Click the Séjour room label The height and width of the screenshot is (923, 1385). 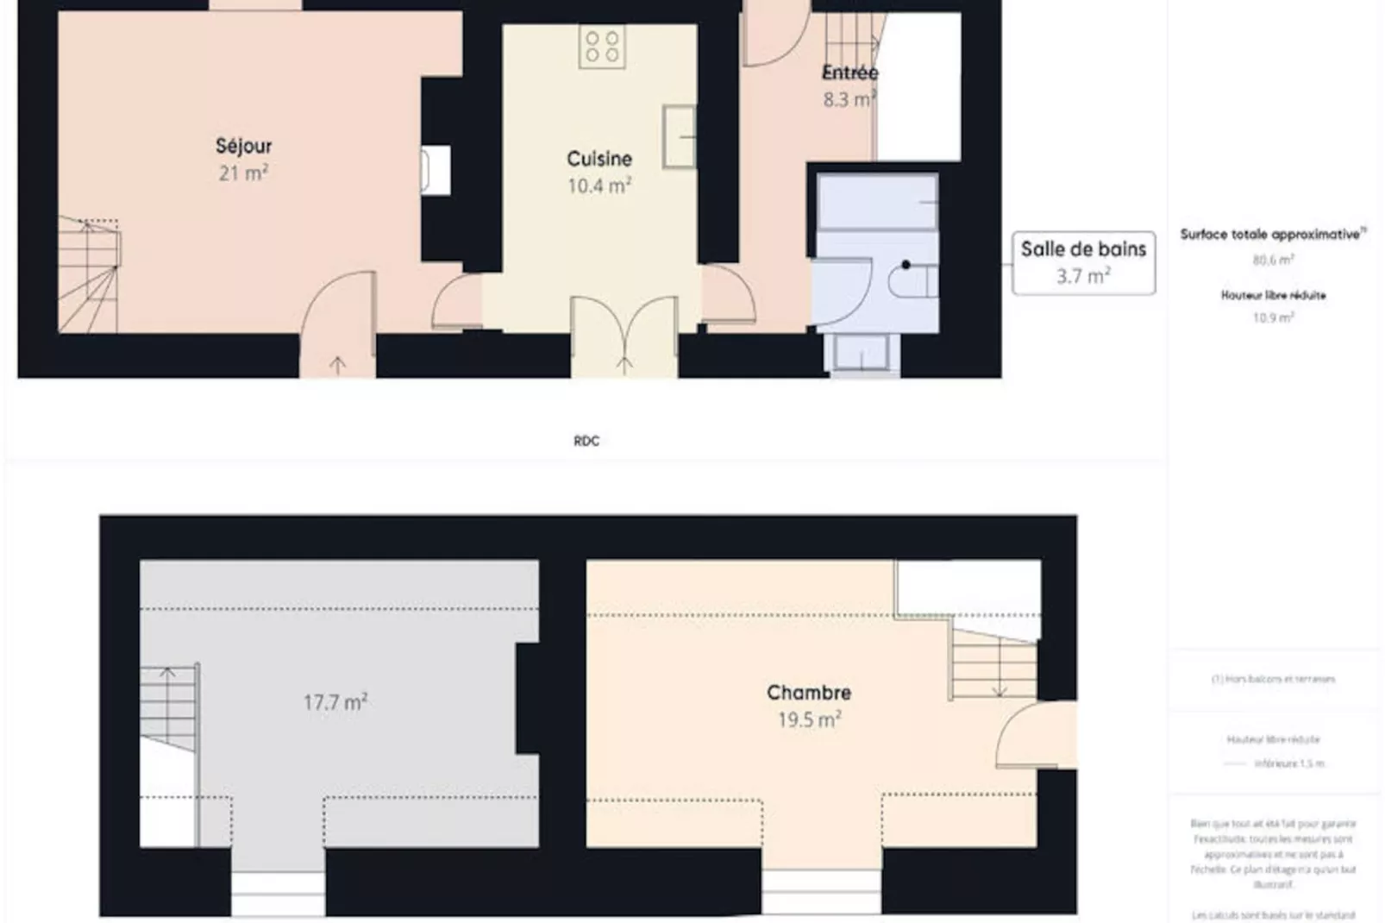pos(243,146)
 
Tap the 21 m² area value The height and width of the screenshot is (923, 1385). pos(243,173)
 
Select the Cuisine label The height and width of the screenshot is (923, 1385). pos(599,159)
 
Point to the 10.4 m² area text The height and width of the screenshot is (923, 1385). pos(599,185)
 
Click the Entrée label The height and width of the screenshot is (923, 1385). pos(849,72)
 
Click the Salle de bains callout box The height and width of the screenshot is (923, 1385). pos(1083,263)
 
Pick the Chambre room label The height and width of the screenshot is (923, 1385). pos(809,693)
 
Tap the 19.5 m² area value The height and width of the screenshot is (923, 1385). pos(809,719)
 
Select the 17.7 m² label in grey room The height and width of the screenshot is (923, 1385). pos(335,702)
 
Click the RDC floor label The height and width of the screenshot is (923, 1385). pos(586,441)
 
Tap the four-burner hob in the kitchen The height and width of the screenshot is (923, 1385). pos(602,47)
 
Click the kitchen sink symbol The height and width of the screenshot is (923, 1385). pos(680,136)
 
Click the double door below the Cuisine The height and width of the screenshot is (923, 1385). pos(624,332)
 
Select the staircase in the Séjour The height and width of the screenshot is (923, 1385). pos(89,275)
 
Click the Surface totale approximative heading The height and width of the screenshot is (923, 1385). pos(1272,235)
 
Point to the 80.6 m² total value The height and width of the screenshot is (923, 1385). pos(1273,260)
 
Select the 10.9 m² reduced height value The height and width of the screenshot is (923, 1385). pos(1273,317)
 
